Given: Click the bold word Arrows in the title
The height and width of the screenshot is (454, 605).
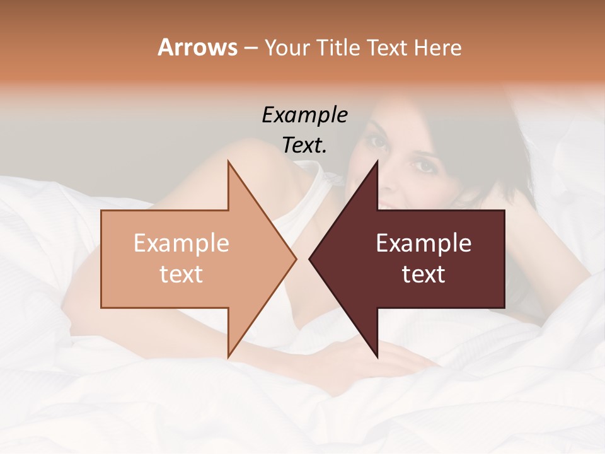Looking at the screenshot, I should (197, 47).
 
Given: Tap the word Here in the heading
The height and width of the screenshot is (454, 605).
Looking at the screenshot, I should (438, 47).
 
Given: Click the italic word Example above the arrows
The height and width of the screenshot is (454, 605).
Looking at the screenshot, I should (304, 115).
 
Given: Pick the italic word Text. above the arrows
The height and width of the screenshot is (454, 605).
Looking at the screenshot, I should (304, 145).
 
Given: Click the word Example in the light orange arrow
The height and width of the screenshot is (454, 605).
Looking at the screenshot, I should (181, 243).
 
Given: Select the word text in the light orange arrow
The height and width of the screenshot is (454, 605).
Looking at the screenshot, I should (181, 274).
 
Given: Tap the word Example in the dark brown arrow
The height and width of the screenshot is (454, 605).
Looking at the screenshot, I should (423, 243).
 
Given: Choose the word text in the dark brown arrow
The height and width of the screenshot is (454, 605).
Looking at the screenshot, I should (423, 274).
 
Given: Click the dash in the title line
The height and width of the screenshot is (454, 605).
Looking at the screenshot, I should (250, 49).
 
